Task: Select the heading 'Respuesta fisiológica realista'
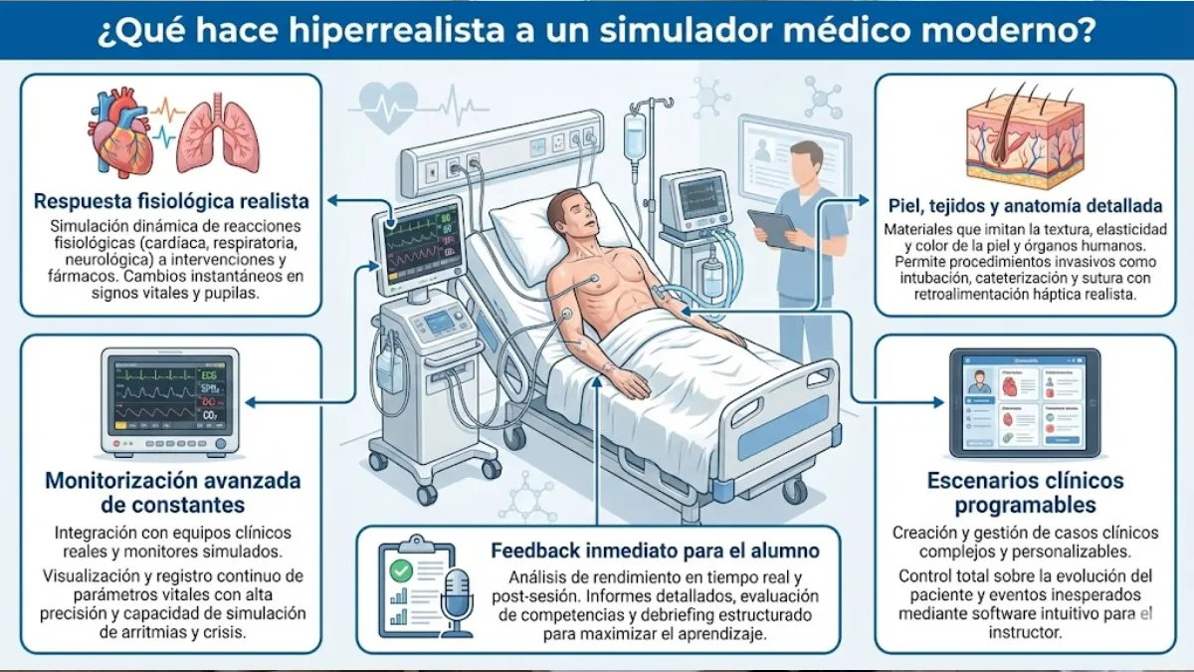171,201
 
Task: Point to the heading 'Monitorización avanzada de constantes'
172,493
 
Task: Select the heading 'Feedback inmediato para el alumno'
655,551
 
